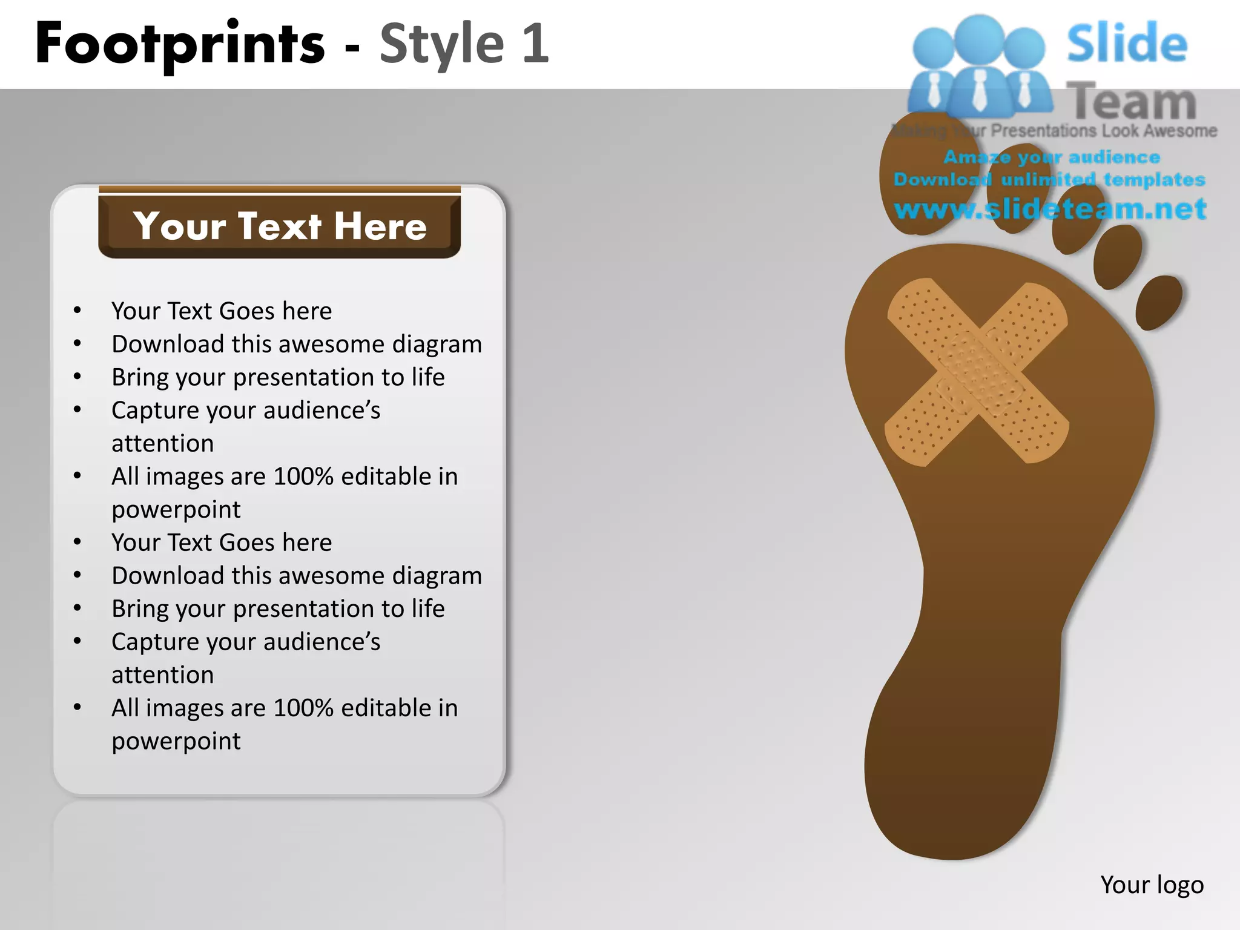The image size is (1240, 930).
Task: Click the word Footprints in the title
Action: [180, 44]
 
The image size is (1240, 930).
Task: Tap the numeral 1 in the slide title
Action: [535, 44]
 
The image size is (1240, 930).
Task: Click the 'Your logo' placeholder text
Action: [1152, 885]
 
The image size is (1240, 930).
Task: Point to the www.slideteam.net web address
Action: [1050, 209]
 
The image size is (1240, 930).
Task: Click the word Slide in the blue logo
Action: [1126, 44]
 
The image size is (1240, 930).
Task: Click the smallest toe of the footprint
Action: [1158, 302]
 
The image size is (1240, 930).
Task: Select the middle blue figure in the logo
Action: [980, 67]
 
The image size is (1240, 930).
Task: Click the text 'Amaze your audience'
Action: [1052, 157]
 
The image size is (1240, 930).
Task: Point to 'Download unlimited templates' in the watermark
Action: [1049, 180]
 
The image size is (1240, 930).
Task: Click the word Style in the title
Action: [441, 44]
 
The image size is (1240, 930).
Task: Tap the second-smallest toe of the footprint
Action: [1117, 257]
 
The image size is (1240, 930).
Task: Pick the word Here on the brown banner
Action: [380, 226]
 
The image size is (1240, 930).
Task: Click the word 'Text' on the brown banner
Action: [280, 226]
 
